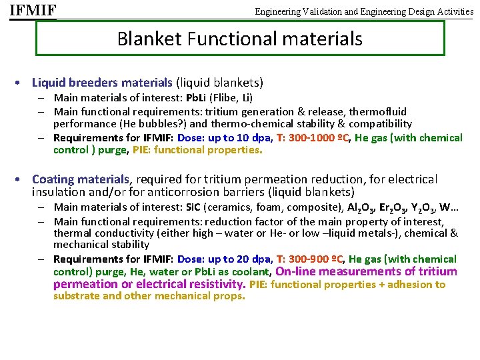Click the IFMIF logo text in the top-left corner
[x=33, y=11]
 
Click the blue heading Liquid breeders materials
[x=102, y=83]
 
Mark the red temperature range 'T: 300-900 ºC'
[x=309, y=259]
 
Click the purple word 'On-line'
[x=297, y=271]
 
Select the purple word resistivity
[x=212, y=285]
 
